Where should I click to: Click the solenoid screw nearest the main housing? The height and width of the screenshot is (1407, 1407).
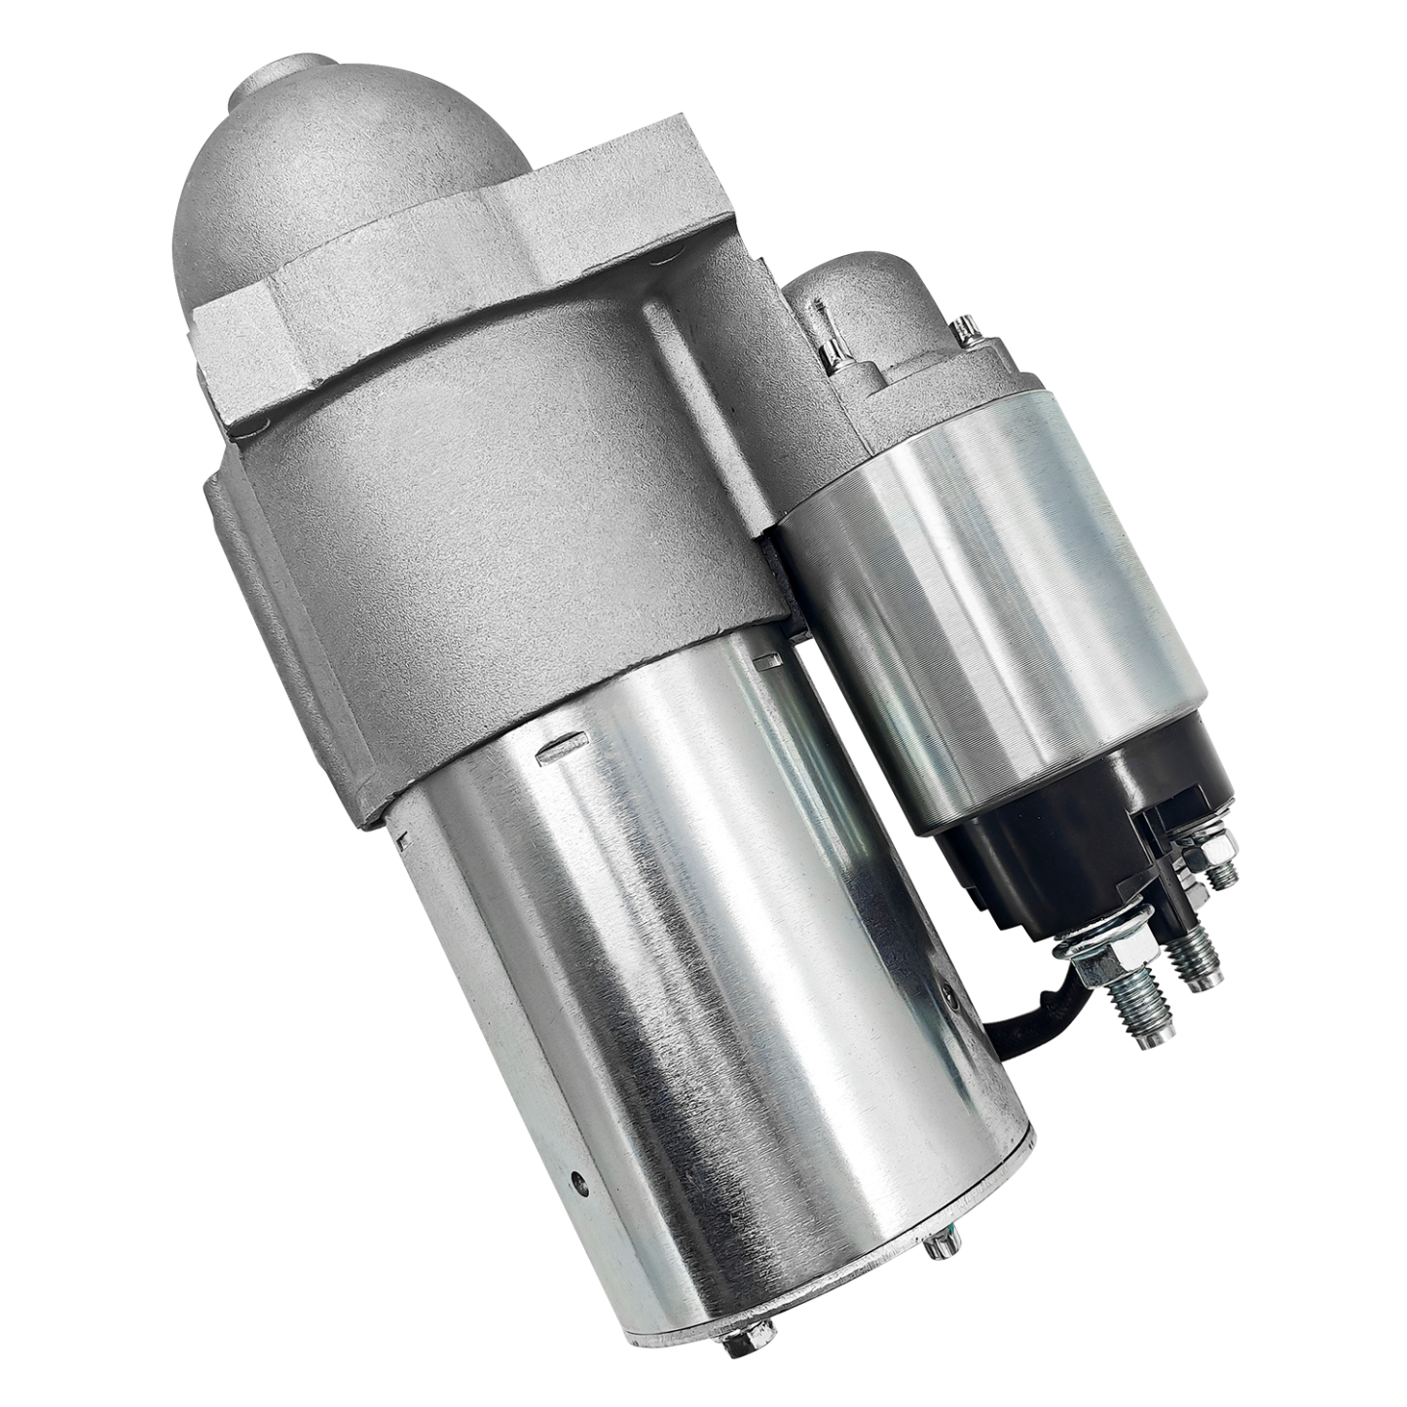(x=833, y=356)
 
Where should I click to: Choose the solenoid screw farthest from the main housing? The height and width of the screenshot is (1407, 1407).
(x=966, y=331)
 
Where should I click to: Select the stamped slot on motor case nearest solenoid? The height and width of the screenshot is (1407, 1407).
(x=769, y=662)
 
